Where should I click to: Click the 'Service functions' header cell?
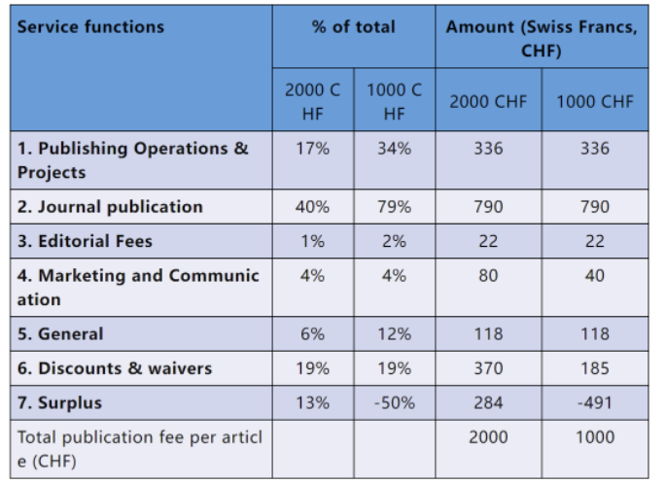pos(90,27)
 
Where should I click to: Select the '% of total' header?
pos(353,27)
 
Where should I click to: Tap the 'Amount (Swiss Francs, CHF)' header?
pos(542,39)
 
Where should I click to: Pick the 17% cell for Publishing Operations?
pos(313,149)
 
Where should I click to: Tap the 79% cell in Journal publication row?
pos(394,207)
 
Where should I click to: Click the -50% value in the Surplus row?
pos(394,402)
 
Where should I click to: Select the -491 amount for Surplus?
pos(595,402)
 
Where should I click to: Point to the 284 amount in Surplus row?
pos(488,402)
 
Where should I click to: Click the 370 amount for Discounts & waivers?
pos(488,368)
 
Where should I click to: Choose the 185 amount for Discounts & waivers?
pos(595,368)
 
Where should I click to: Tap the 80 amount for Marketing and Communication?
pos(488,276)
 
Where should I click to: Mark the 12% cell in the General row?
pos(394,333)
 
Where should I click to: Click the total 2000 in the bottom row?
pos(488,437)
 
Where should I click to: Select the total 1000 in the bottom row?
pos(595,437)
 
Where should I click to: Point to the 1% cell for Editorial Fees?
pos(313,241)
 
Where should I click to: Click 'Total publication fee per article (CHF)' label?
pos(140,449)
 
